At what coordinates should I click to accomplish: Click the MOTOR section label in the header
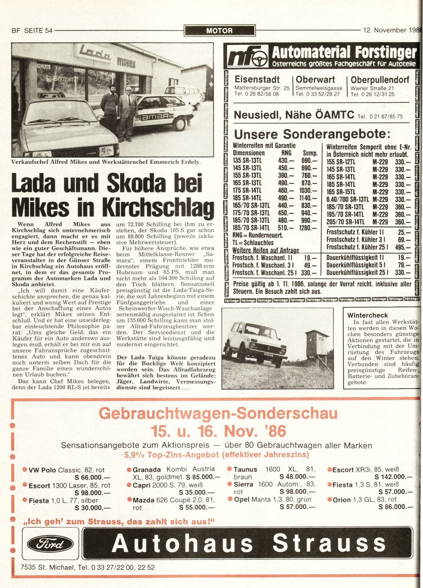click(x=220, y=31)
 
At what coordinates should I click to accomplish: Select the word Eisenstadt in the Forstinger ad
click(x=257, y=80)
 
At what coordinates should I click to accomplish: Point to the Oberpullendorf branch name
click(x=380, y=80)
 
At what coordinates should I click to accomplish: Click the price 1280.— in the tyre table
click(x=308, y=228)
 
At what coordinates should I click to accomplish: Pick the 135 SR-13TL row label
click(x=247, y=161)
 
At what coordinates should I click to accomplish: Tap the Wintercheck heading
click(x=367, y=315)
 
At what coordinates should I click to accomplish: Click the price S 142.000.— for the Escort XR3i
click(x=394, y=477)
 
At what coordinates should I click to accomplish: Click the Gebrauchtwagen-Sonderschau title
click(x=218, y=414)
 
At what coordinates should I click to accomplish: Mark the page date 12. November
click(x=385, y=30)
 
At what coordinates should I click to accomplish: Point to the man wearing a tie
click(x=128, y=111)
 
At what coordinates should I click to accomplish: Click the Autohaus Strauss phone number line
click(x=87, y=567)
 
